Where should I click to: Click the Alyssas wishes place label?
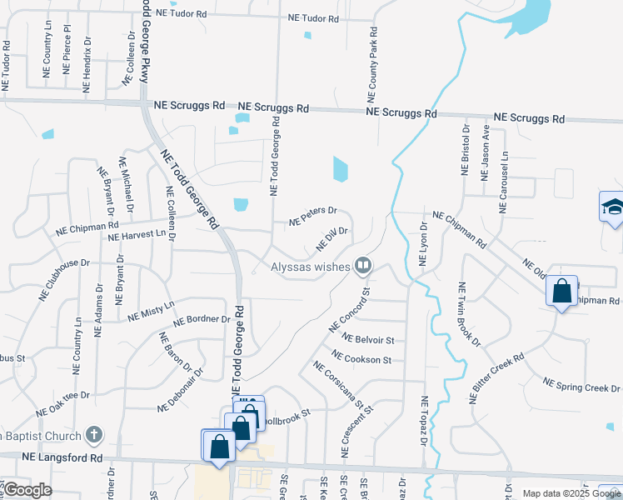click(308, 267)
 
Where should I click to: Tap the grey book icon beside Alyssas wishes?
click(363, 266)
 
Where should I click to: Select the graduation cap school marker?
click(612, 207)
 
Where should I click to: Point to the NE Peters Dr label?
click(312, 217)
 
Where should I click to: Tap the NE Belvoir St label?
click(368, 340)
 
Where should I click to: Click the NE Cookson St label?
click(361, 359)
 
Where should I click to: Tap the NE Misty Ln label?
click(151, 311)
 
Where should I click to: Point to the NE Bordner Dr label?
click(201, 320)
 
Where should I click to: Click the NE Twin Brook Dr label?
click(468, 314)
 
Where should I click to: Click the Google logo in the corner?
click(27, 491)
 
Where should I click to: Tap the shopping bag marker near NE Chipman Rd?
click(562, 292)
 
